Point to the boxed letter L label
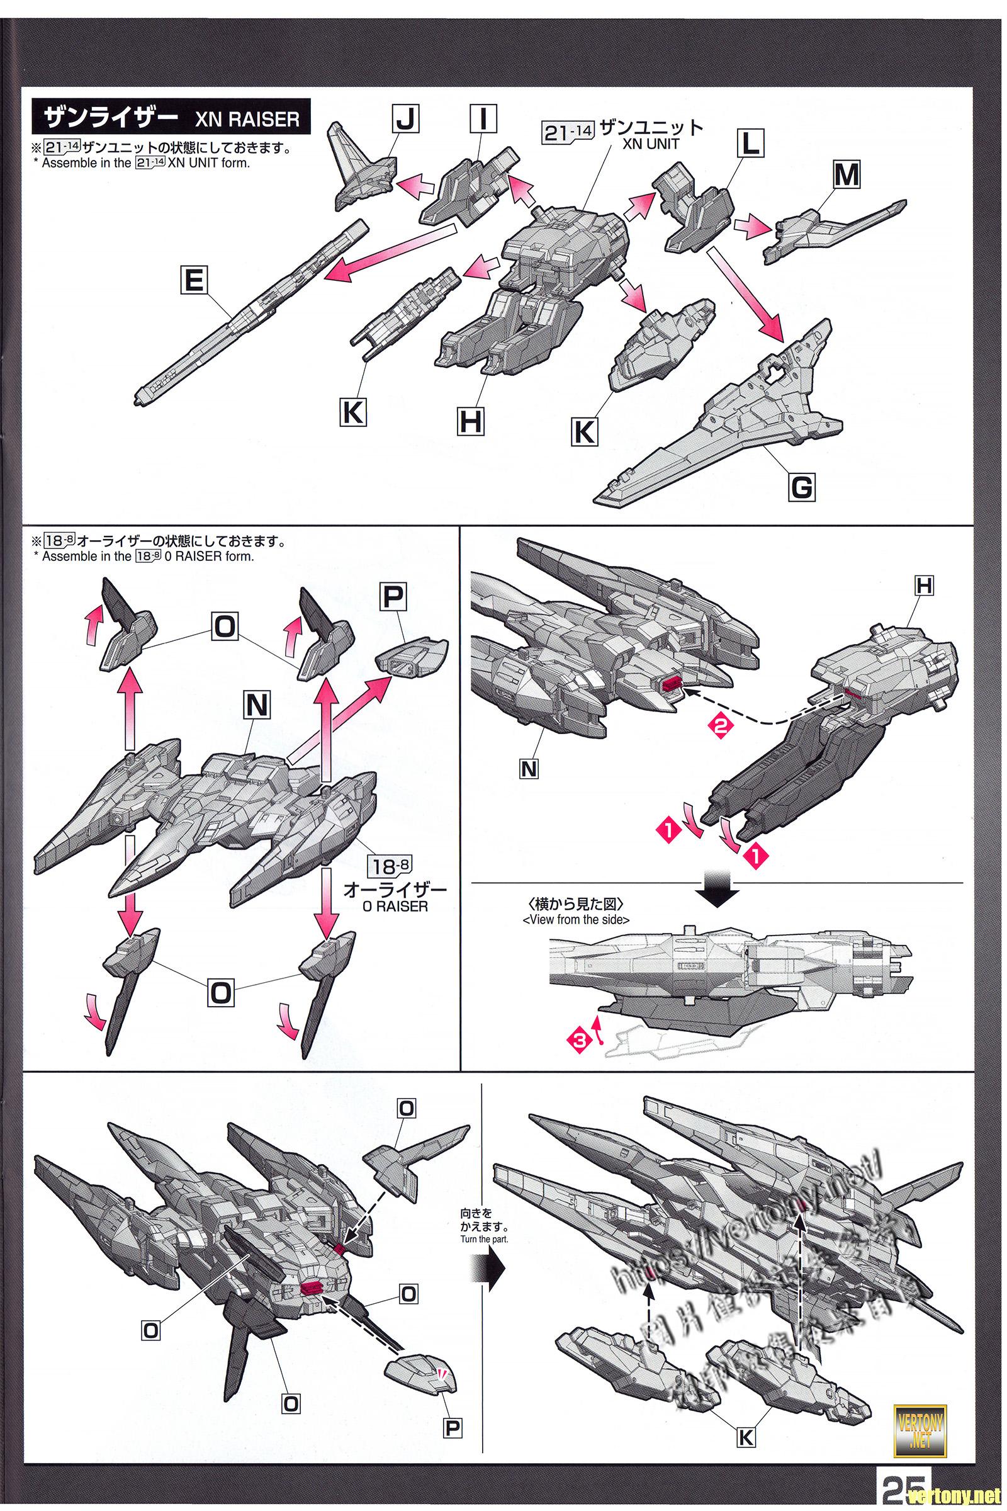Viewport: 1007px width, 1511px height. pyautogui.click(x=750, y=144)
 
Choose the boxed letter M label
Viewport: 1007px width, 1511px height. pyautogui.click(x=846, y=175)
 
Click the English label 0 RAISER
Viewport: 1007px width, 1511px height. pyautogui.click(x=385, y=907)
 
